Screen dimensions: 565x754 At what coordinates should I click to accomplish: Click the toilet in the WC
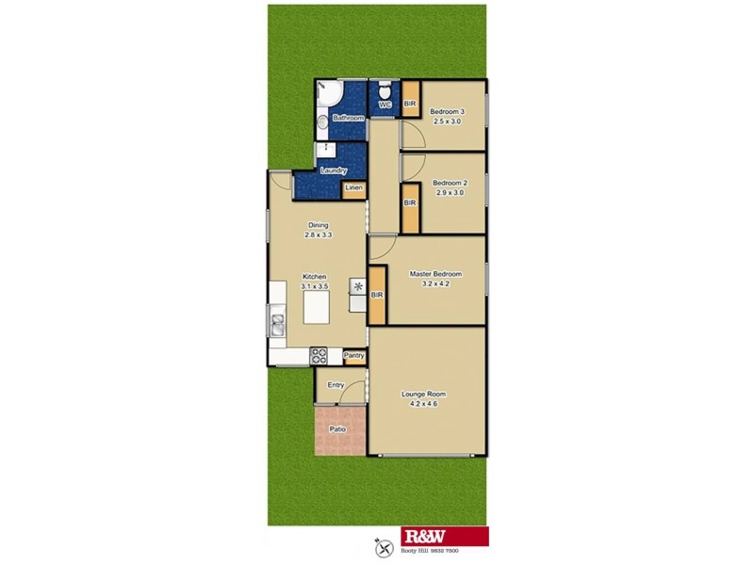(x=385, y=92)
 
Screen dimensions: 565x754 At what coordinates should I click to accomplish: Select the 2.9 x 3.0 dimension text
(x=450, y=191)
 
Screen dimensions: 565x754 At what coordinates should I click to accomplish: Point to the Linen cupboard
(x=353, y=188)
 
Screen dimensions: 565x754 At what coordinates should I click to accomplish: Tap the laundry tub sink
(x=325, y=149)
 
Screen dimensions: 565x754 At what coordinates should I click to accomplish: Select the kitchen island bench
(x=317, y=307)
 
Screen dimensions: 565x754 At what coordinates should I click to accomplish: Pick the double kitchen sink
(x=277, y=325)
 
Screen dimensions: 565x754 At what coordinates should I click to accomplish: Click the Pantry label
(x=354, y=356)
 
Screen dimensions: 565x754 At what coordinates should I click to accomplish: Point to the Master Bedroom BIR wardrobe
(x=377, y=296)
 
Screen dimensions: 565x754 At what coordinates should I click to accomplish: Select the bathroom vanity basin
(x=321, y=121)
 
